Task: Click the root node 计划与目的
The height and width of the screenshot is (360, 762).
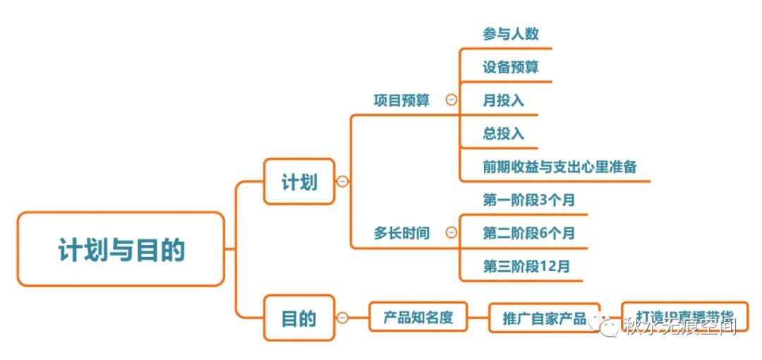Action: pos(121,249)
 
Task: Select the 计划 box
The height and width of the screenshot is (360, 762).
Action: pos(299,181)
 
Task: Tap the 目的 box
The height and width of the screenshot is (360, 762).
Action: pos(299,318)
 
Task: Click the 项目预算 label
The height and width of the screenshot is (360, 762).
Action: pos(401,100)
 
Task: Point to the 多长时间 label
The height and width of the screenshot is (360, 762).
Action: pos(401,233)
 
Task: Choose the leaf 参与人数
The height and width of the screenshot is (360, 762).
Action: pos(511,33)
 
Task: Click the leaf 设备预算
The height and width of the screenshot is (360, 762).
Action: pos(511,67)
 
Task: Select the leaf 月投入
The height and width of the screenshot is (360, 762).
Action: pos(503,100)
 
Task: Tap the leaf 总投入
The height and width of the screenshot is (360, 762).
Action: pos(503,133)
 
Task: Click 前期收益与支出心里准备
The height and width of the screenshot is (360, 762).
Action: pos(560,167)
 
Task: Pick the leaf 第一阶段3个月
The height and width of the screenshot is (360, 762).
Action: pos(528,200)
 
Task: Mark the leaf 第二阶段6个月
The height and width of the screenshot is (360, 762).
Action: pos(528,233)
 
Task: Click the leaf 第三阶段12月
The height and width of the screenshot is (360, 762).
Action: pos(526,266)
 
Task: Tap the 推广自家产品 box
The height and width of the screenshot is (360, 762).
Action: pos(544,318)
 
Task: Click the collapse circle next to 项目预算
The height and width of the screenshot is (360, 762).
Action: pos(452,100)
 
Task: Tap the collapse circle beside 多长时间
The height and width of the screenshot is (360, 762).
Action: pos(452,233)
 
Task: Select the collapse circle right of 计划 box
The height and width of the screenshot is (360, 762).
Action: pos(343,181)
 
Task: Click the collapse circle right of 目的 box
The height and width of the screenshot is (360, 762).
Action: pos(343,318)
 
